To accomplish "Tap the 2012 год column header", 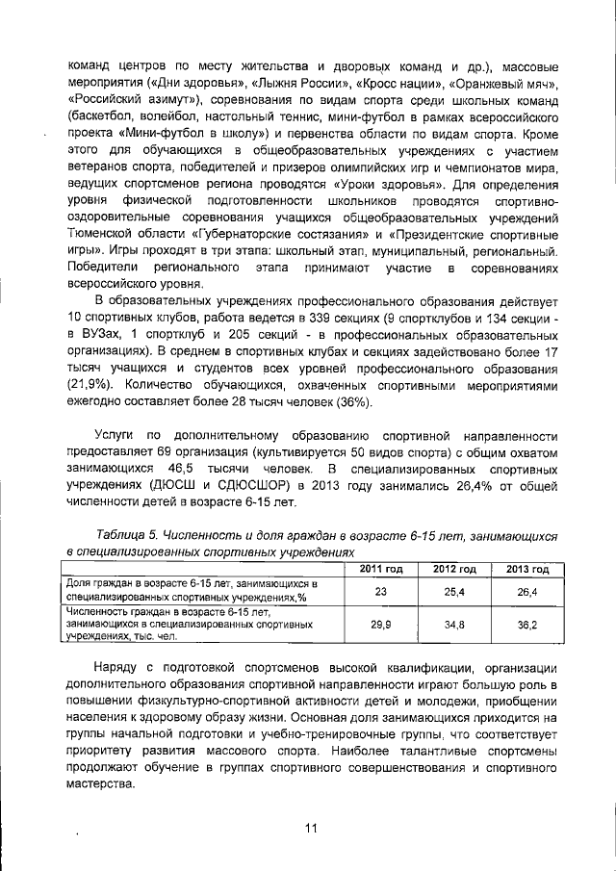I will coord(453,570).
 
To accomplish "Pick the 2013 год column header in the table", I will coord(526,570).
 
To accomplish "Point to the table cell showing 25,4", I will coord(453,591).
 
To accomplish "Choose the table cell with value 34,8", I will coord(453,625).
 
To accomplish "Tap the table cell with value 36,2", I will coord(526,625).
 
